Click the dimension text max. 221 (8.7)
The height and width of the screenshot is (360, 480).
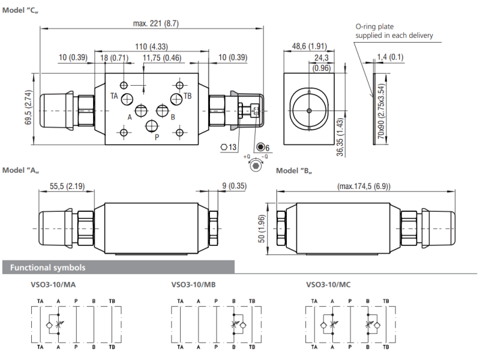pos(156,23)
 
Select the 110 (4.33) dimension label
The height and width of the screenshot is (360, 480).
pos(152,47)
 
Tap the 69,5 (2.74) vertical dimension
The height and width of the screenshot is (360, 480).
pos(28,107)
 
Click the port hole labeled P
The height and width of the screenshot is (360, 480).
pos(152,126)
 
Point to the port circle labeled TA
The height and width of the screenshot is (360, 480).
pos(127,99)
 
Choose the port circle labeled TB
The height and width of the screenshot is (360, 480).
pos(176,99)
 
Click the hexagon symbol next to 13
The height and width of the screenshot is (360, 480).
pos(224,147)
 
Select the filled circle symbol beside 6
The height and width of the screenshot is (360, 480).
pos(260,147)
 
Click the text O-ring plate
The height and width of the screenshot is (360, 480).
pos(374,26)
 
